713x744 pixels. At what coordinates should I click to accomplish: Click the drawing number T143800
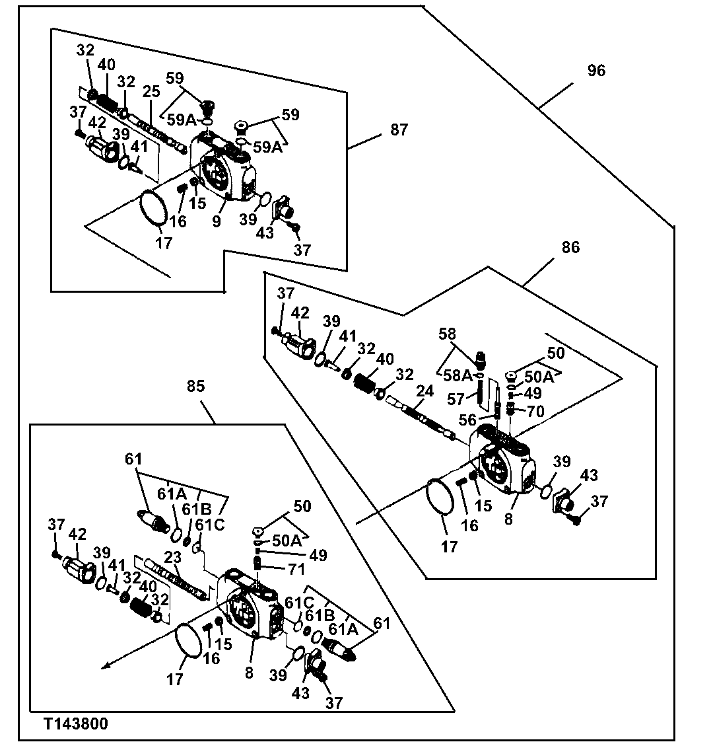[76, 724]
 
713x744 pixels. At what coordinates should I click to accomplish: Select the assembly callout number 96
[595, 71]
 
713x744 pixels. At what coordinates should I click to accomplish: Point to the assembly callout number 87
[399, 130]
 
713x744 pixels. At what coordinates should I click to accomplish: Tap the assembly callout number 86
[570, 248]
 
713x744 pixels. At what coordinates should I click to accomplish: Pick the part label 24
[424, 391]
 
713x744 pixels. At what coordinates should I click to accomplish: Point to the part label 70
[535, 411]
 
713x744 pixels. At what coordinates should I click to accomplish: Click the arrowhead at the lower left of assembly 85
[104, 666]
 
